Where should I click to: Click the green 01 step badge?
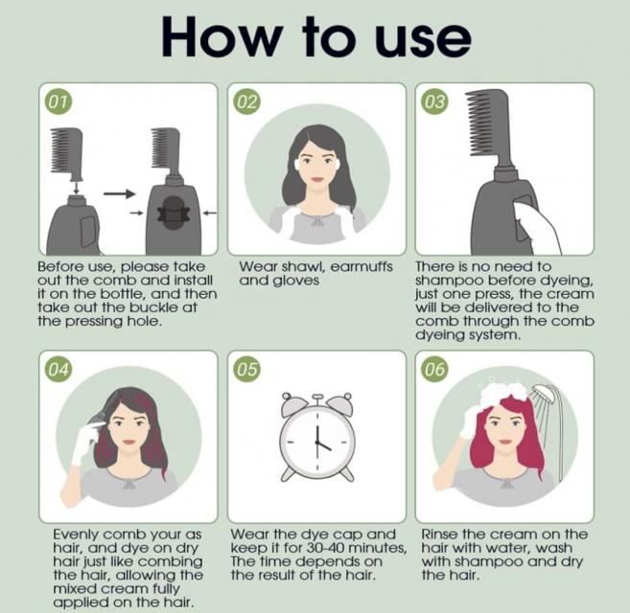58,102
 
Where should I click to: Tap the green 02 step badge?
247,102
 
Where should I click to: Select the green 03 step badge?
434,102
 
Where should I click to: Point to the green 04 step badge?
58,369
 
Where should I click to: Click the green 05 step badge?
247,369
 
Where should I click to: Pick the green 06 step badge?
434,369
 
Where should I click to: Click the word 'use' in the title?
422,37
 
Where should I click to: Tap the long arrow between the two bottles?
119,193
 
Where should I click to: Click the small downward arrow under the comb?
76,188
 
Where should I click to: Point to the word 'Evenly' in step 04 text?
77,535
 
